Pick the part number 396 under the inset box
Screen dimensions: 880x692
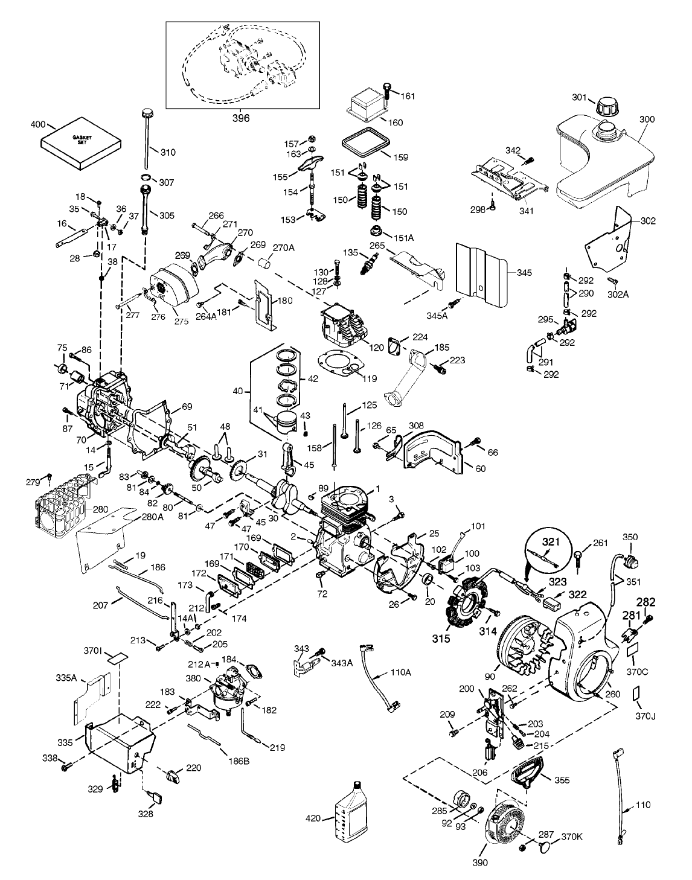point(241,118)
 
